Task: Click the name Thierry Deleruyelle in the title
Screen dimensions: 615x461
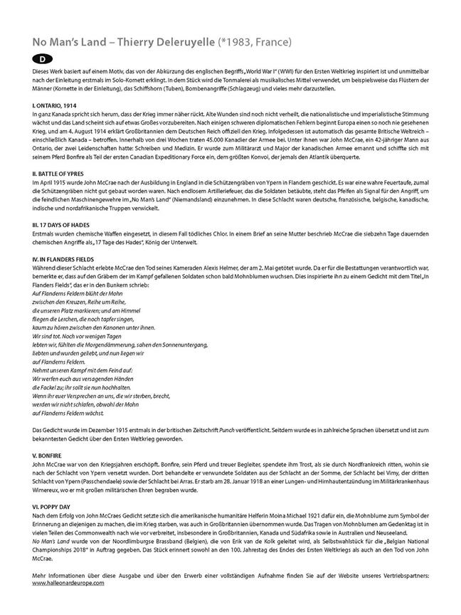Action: pyautogui.click(x=152, y=42)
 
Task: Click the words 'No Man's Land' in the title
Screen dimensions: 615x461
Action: pyautogui.click(x=63, y=42)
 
